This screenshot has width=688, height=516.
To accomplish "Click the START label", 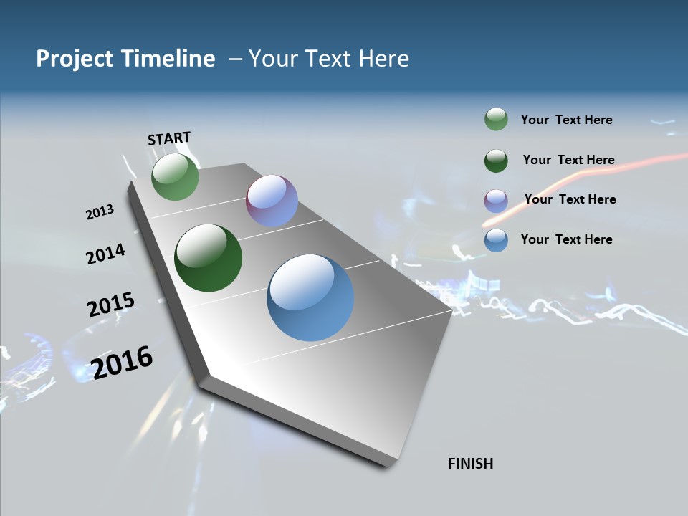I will (x=169, y=138).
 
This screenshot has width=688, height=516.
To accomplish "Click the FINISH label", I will (x=470, y=464).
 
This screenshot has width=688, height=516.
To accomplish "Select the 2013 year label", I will (x=100, y=212).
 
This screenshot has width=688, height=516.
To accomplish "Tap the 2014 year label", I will (x=105, y=254).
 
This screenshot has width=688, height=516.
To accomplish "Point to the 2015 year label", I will (x=110, y=305).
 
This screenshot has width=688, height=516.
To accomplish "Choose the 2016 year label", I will (x=122, y=363).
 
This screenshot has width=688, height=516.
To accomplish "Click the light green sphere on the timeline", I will (x=175, y=177).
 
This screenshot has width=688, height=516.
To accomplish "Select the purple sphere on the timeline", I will (x=272, y=201).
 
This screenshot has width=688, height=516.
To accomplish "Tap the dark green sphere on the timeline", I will (x=208, y=258).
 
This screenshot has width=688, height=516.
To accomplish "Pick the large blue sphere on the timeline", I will (x=310, y=297).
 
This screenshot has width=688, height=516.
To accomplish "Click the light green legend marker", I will (x=496, y=120).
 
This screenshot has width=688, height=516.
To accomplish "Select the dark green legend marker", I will (x=496, y=161).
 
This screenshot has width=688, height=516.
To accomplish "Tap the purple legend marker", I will (x=496, y=201).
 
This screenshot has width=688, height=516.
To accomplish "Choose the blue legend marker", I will (x=496, y=240).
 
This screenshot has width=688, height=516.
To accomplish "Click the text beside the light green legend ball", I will (x=566, y=120).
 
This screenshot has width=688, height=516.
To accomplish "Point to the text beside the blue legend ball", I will (x=566, y=239).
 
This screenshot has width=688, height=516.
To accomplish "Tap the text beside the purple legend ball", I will (x=570, y=199).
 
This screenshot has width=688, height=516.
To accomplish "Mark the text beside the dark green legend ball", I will (x=568, y=160).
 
